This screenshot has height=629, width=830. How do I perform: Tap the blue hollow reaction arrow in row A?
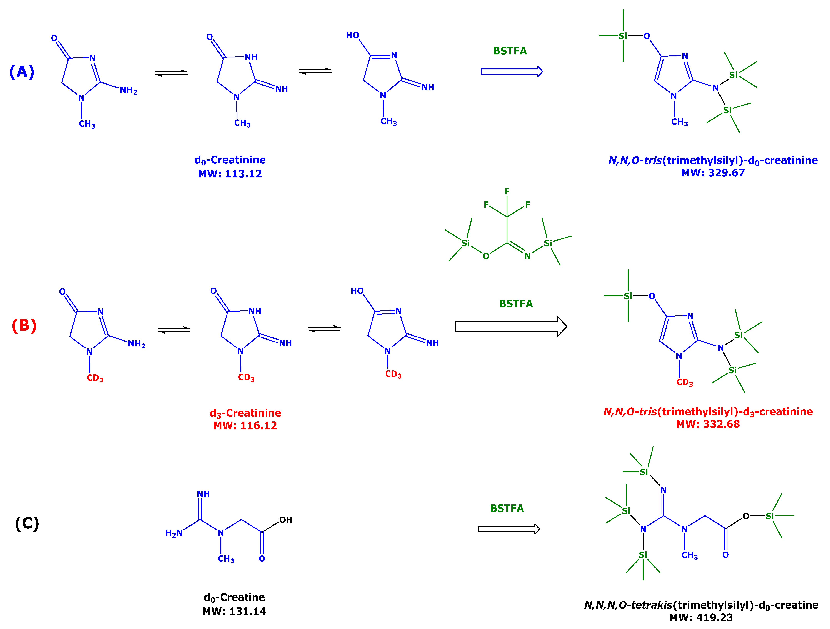click(x=511, y=72)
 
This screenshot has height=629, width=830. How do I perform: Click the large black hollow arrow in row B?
click(x=510, y=326)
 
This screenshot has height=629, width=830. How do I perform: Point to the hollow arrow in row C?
click(x=508, y=529)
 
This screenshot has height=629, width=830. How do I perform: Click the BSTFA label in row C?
click(x=507, y=508)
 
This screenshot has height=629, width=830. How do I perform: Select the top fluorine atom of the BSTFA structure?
click(x=507, y=192)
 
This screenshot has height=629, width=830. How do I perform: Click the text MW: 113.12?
click(x=230, y=174)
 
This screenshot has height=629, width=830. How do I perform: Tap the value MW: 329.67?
click(x=713, y=173)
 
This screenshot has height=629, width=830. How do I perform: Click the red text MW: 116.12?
click(x=245, y=425)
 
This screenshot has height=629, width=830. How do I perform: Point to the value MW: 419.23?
click(x=701, y=617)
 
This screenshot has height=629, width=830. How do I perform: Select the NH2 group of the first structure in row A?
click(x=128, y=90)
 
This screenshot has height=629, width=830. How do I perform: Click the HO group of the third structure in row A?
click(x=353, y=36)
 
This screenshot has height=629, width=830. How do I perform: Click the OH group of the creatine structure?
click(x=286, y=520)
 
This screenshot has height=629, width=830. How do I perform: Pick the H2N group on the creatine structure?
click(x=174, y=533)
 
